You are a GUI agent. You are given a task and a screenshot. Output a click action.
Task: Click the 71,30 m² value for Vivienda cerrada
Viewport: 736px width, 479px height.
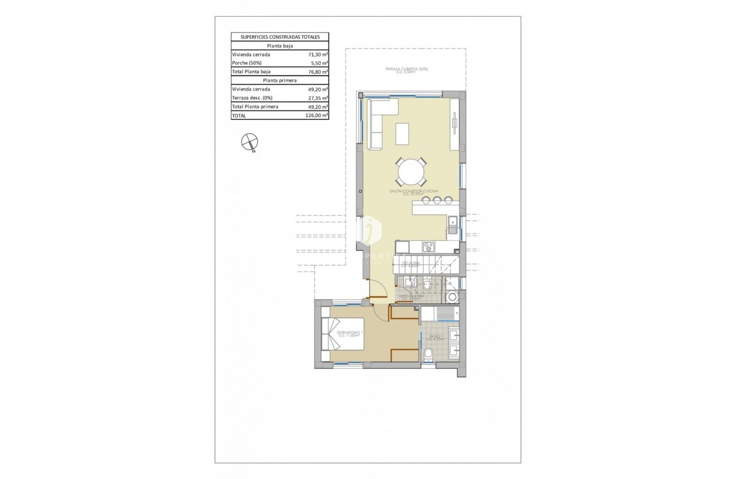pos(318,55)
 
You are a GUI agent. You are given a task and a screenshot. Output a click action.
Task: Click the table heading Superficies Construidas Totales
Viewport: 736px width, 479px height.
pos(280,37)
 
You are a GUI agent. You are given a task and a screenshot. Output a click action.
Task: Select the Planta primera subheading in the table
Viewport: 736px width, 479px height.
pos(280,80)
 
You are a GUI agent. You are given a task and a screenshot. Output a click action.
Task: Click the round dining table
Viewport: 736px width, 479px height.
pos(411,172)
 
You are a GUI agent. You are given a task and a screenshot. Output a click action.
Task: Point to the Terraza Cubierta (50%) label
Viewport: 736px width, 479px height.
pos(406,70)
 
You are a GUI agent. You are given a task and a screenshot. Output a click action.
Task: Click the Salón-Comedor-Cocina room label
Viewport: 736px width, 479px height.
pos(414,192)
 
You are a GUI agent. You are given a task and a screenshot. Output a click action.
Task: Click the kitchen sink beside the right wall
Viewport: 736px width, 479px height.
pos(452,225)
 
